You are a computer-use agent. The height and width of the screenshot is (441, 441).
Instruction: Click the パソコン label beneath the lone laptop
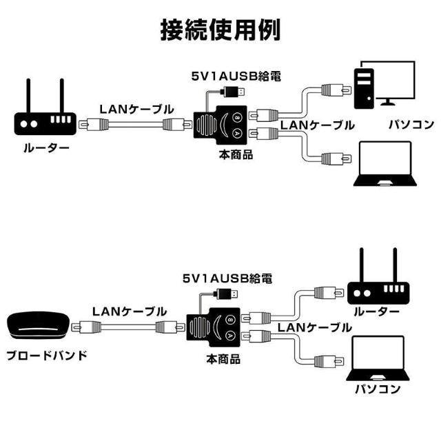377,389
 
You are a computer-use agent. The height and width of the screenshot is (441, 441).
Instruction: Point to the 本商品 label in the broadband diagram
223,359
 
